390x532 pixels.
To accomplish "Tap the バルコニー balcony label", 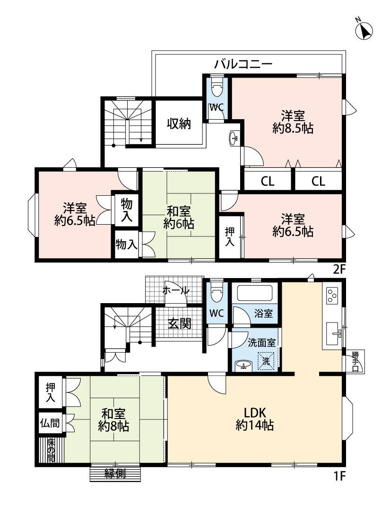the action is pos(243,64).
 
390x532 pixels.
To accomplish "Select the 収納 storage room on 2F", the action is pos(179,123).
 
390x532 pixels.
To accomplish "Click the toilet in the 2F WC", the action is pos(217,88).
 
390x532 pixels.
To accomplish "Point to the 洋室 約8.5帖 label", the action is pos(293,122).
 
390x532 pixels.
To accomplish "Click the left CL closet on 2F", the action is pos(268,181).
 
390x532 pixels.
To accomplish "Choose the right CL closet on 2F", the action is pos(318,181).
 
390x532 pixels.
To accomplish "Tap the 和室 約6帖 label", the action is pos(178,218).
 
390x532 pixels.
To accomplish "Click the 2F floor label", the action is pos(339,270).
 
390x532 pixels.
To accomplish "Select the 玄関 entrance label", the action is pos(180,323).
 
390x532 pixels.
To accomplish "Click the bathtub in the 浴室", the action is pos(255,293).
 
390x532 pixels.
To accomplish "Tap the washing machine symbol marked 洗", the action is pos(266,361).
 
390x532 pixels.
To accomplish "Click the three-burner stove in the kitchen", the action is pos(332,296).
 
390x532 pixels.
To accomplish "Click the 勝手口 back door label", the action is pos(355,361).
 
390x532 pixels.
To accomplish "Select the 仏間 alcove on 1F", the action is pos(50,423).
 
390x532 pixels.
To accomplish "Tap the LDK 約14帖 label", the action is pos(254,419).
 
